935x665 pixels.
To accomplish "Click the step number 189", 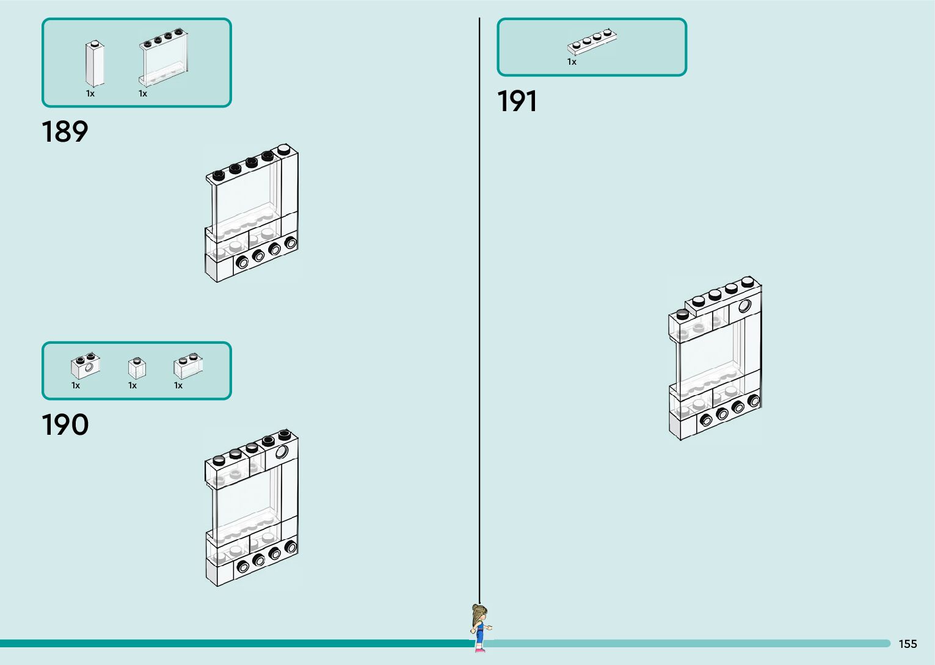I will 65,131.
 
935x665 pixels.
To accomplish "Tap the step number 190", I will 65,424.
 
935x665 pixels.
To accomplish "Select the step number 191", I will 517,101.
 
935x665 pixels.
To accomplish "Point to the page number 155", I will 908,644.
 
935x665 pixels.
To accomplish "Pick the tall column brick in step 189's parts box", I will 95,64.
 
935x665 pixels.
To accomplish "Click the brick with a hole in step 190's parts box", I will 85,365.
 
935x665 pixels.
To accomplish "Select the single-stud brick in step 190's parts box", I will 137,368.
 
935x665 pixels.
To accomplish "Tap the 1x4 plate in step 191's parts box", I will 592,42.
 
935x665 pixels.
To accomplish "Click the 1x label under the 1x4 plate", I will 572,62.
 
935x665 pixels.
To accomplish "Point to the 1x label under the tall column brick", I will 90,93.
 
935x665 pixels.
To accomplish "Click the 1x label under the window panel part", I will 143,93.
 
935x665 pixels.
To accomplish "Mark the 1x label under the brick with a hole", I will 76,385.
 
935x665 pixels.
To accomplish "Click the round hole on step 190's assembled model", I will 282,452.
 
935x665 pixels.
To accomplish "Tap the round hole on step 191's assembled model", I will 745,306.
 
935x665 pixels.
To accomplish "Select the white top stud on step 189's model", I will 283,148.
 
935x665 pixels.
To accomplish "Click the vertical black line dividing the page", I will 479,305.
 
